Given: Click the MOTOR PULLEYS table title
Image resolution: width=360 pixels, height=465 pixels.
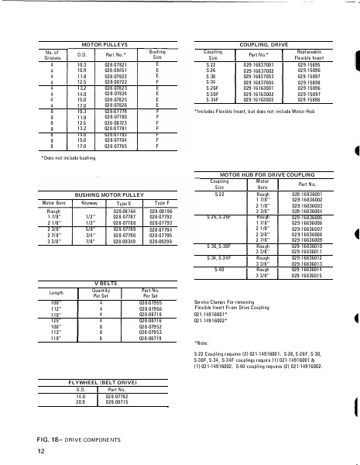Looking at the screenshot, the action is [102, 46].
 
